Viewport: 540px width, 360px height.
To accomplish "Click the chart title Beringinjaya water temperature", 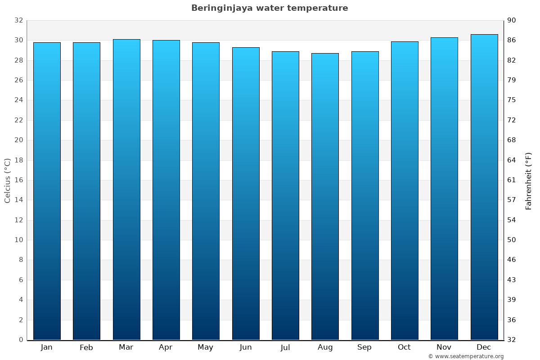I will tap(270, 8).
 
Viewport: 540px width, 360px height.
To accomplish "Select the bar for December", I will tap(484, 187).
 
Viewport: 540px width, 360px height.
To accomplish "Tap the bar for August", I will tap(325, 196).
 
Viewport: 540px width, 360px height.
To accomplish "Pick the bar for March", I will tap(126, 189).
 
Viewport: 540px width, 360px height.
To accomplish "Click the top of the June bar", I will tap(246, 48).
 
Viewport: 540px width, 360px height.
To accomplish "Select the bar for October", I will tap(405, 190).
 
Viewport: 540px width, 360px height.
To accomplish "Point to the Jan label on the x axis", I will tap(46, 347).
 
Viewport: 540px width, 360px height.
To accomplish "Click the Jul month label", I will tap(285, 347).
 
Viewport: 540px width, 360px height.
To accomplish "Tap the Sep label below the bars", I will tap(364, 347).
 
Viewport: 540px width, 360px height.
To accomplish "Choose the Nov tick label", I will tap(444, 347).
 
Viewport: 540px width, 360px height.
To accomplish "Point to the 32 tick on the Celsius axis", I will tap(18, 20).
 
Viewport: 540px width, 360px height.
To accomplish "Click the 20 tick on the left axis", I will tap(18, 140).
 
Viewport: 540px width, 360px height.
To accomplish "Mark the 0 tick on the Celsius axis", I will tap(21, 340).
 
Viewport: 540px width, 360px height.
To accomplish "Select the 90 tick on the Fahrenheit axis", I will tap(512, 20).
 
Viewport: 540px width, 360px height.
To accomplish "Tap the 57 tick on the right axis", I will tap(512, 200).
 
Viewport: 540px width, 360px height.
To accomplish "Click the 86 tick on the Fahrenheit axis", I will tap(512, 40).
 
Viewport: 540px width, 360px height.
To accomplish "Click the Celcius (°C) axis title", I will tap(7, 180).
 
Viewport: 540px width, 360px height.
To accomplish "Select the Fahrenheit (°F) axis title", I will tap(529, 181).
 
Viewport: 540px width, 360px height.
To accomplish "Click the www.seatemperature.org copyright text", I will tap(466, 356).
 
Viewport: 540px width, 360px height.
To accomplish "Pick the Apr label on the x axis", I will tap(166, 347).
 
